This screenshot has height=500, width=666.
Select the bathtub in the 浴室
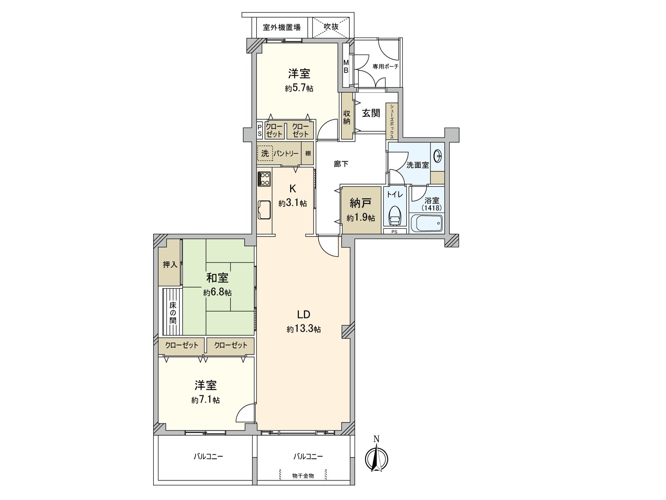[427, 223]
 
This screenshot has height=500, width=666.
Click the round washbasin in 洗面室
[438, 156]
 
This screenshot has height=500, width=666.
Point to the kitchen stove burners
[264, 179]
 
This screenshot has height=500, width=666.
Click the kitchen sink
[264, 209]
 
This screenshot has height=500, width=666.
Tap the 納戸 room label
[360, 203]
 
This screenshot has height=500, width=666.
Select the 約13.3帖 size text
[303, 329]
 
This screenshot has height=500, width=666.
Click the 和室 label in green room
[217, 278]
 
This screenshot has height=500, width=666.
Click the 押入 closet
[170, 265]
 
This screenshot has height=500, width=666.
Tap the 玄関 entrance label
[370, 113]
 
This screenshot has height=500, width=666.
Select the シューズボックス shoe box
[392, 121]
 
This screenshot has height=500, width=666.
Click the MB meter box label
[346, 67]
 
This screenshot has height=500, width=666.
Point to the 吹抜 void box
[331, 27]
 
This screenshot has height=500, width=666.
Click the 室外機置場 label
[282, 27]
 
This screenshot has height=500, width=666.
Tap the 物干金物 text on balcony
[303, 475]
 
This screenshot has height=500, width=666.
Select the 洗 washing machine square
[265, 153]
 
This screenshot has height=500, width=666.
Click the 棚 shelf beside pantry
[308, 153]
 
